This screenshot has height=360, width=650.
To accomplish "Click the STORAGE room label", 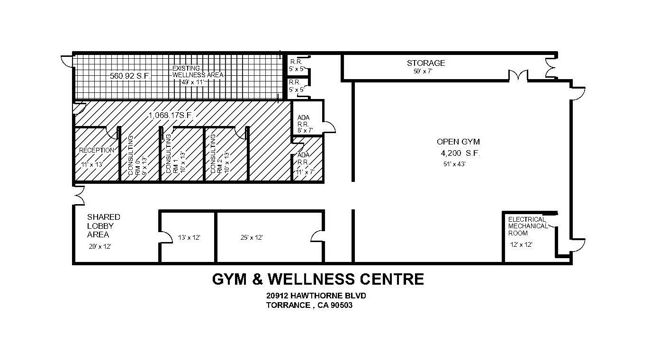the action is pos(426,63).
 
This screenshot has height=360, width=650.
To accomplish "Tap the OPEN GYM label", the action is pos(458,142).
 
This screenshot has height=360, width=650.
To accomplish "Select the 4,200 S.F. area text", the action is pos(460,153).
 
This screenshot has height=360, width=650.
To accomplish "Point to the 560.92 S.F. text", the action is pos(130,76).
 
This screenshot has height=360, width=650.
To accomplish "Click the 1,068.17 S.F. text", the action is pos(171,115).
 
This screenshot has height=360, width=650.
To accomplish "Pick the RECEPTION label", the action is pos(97,150).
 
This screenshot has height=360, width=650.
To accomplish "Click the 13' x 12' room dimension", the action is pos(189,238).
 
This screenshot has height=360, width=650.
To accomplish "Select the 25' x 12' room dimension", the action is pos(252,238).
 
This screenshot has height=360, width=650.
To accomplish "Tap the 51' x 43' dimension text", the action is pos(454,164).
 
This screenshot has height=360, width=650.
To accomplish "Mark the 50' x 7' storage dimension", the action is pos(423,72).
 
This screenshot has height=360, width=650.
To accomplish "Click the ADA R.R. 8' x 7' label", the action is pos(305,124).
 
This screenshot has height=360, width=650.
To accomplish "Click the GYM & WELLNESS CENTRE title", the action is pos(318,279).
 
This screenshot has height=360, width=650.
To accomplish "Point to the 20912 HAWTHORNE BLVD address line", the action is pos(316,296).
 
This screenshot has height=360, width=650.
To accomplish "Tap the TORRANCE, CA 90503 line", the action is pos(309,306).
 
